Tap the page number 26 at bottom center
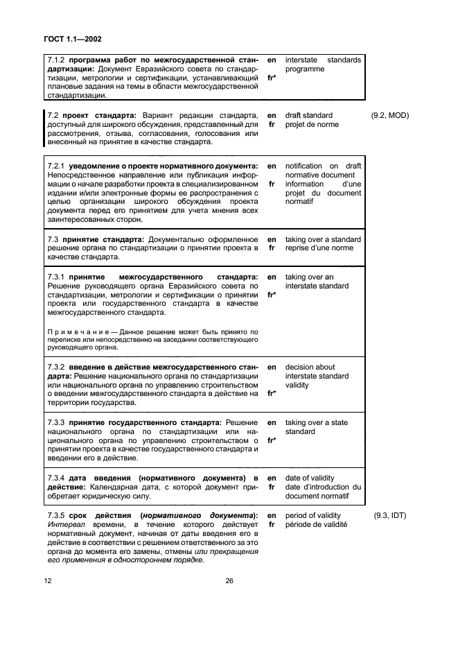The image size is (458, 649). tap(228, 582)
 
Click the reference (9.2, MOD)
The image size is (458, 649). tap(390, 115)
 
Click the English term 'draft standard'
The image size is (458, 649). tap(308, 115)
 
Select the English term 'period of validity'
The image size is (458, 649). tap(314, 515)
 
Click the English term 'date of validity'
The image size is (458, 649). tap(310, 478)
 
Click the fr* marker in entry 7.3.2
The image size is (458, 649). tap(272, 393)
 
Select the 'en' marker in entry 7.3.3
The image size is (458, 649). tap(272, 422)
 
